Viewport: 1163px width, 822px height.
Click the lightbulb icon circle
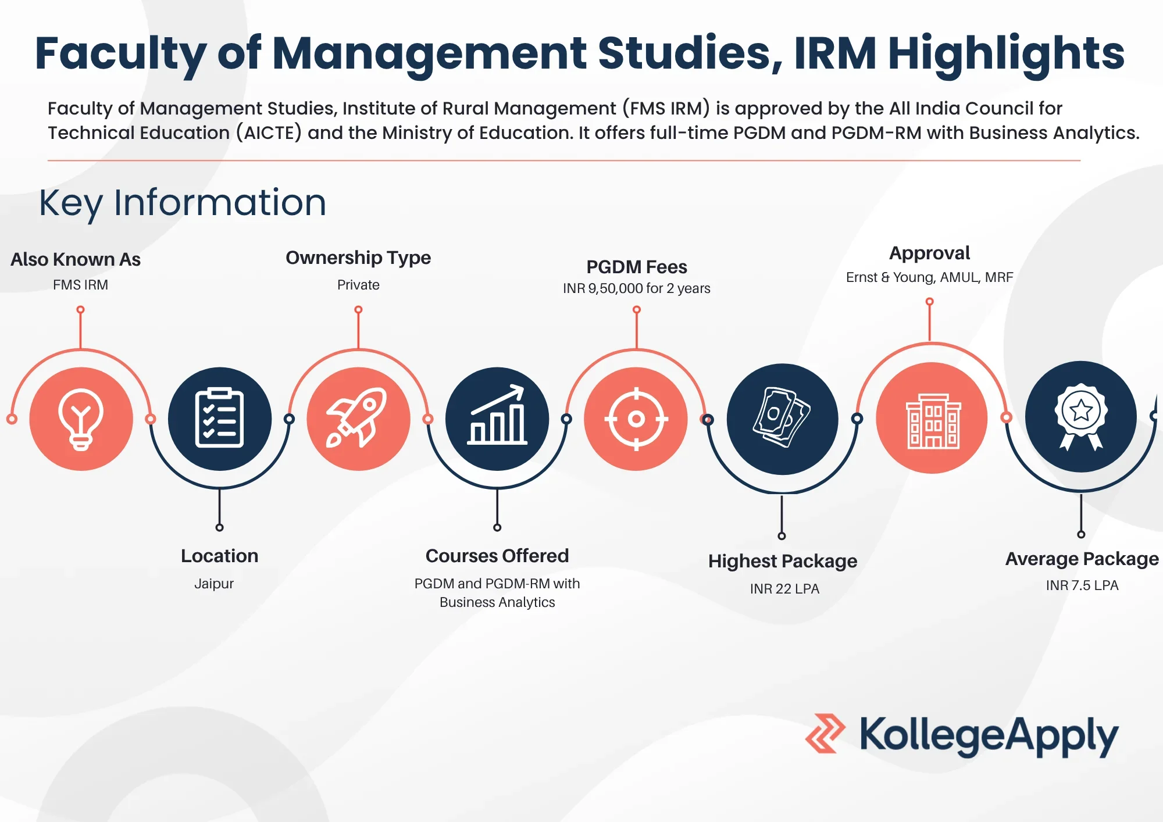(x=81, y=419)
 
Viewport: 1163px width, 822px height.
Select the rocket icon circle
(x=358, y=419)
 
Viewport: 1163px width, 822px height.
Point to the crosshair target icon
(x=636, y=419)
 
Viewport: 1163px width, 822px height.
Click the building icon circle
(x=932, y=418)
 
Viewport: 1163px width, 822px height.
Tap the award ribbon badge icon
(x=1081, y=417)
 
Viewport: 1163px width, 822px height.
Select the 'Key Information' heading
(x=183, y=203)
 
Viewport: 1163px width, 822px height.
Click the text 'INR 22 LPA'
(x=784, y=589)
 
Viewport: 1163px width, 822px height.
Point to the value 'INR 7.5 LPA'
(x=1082, y=585)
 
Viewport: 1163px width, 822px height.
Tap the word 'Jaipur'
(x=214, y=584)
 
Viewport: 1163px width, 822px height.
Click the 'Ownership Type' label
(x=358, y=258)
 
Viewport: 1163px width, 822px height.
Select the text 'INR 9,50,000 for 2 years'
(x=637, y=288)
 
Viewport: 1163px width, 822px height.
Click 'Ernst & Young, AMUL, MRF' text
(x=930, y=277)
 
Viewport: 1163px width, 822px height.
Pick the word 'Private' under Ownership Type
(x=358, y=285)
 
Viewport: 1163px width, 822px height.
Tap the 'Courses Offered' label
(x=497, y=556)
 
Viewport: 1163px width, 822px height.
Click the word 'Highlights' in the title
(x=1007, y=53)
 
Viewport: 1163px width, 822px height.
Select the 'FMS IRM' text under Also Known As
(x=80, y=285)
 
